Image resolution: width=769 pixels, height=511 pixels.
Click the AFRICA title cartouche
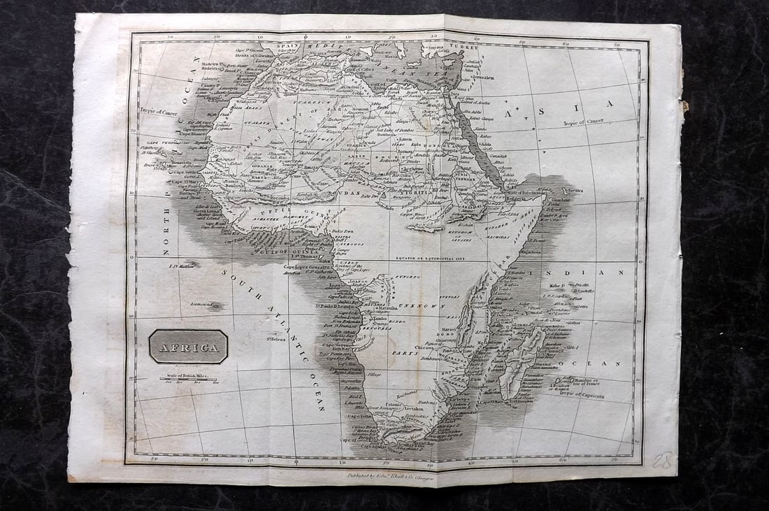click(188, 347)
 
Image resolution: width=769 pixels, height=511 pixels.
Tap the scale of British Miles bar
click(188, 378)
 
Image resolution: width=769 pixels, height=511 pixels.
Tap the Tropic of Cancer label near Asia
click(584, 122)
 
